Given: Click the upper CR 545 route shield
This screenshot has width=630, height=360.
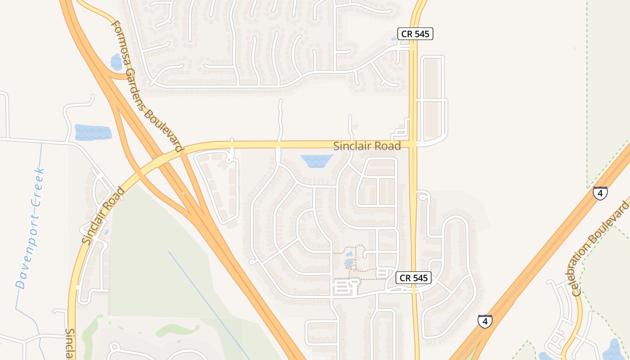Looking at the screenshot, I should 415,34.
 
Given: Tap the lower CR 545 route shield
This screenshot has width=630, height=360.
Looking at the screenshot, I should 414,278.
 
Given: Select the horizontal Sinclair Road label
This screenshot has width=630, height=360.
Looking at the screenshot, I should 367,146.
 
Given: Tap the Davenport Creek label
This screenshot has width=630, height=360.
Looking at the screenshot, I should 30,228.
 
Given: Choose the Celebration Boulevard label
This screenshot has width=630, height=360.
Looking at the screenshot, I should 601,248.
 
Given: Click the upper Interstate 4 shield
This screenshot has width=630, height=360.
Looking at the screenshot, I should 600,193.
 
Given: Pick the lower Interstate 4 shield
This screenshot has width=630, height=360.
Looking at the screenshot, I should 484,321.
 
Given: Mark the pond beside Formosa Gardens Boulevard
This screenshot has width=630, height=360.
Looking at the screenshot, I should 116,62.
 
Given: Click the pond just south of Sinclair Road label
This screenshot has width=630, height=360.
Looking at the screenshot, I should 316,160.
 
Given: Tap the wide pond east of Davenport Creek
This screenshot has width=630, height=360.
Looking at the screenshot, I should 93,132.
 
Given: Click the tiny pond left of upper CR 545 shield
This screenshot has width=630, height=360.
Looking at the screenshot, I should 394,39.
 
